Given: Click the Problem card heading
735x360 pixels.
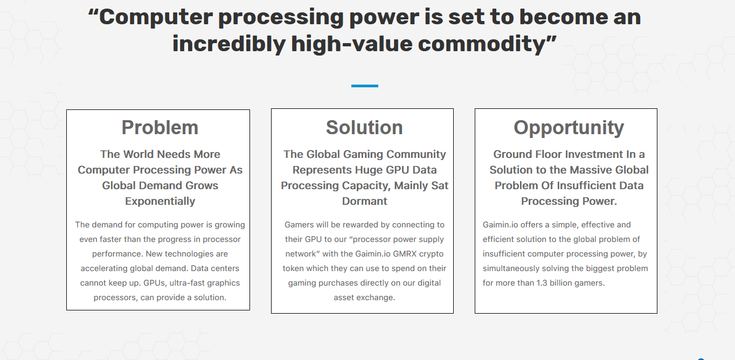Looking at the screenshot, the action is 160,127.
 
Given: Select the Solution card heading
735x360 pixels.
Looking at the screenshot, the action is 364,127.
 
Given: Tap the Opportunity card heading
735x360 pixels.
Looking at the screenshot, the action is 568,128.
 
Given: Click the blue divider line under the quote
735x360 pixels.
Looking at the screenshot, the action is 365,86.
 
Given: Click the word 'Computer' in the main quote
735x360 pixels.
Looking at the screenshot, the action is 156,17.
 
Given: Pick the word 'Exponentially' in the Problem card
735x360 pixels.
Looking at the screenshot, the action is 160,201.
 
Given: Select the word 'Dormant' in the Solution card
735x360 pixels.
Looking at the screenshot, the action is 365,201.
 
